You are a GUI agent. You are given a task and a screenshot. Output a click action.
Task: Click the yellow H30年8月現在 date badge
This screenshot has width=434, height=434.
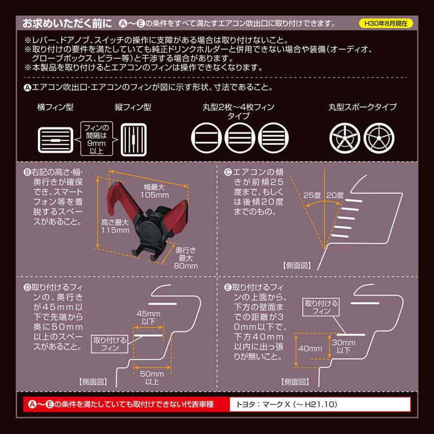(386, 24)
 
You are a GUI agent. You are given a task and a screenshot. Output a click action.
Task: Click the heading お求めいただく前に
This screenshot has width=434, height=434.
(67, 24)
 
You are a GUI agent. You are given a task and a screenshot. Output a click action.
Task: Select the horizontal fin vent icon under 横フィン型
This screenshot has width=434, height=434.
(56, 138)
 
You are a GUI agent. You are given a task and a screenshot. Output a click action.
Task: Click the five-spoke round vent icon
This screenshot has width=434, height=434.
(344, 138)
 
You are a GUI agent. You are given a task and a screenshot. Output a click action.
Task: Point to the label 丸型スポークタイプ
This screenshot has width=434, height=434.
(363, 107)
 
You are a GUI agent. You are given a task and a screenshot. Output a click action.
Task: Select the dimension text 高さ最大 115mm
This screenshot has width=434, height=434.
(115, 226)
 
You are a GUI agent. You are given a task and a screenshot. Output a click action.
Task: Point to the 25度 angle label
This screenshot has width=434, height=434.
(312, 195)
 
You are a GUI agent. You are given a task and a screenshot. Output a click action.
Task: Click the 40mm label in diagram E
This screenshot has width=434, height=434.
(307, 348)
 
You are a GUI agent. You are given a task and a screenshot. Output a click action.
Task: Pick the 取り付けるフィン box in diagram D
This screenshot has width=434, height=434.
(110, 343)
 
